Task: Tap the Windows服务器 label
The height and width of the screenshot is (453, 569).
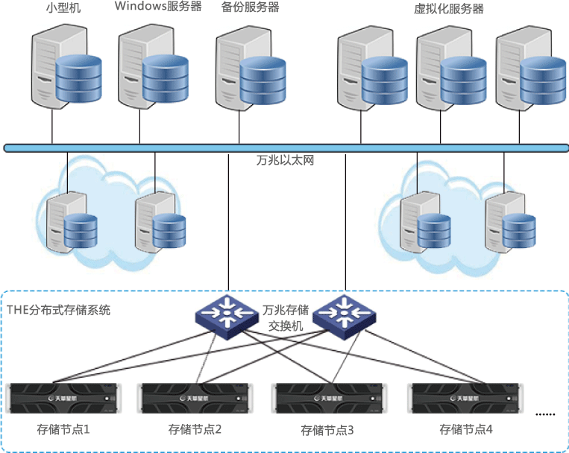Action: click(159, 7)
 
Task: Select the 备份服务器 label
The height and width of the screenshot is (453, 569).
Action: click(250, 8)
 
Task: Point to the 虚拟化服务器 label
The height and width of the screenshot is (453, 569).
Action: click(449, 9)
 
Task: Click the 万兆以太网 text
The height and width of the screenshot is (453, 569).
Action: click(284, 160)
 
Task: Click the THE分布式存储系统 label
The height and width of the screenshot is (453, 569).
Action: click(58, 310)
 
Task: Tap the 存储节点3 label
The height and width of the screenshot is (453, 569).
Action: click(327, 430)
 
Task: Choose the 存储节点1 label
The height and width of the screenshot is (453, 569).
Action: click(63, 429)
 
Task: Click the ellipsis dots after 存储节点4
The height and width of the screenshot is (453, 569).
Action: click(546, 413)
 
